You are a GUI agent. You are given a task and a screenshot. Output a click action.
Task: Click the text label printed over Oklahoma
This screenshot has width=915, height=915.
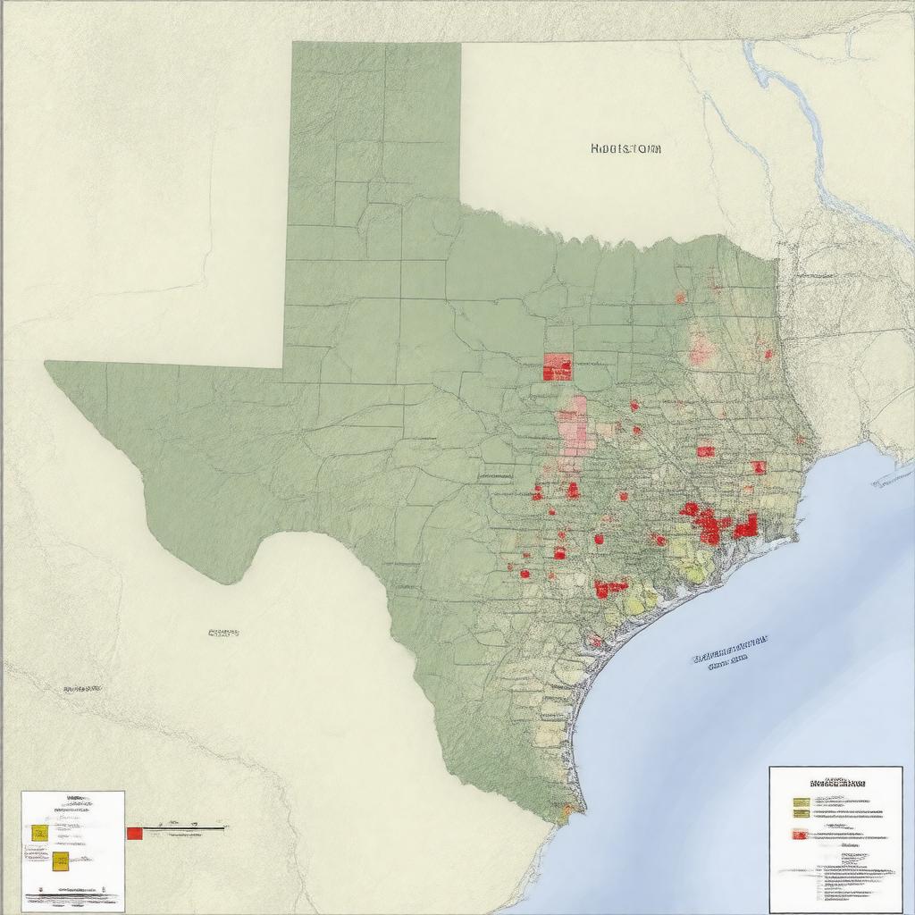tap(626, 149)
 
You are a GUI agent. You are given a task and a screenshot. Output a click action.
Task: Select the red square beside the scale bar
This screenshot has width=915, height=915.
tap(134, 833)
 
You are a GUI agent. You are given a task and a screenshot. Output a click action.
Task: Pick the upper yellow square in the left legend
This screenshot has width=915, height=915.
tap(39, 832)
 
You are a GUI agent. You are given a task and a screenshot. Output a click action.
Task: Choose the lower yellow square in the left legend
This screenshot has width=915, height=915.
tap(60, 860)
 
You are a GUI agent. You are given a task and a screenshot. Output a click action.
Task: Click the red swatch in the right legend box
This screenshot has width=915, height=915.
tap(800, 835)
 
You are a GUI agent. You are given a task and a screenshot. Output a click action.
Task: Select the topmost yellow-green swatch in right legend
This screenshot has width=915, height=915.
tap(800, 802)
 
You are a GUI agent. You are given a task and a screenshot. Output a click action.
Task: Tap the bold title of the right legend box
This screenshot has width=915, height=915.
tap(837, 782)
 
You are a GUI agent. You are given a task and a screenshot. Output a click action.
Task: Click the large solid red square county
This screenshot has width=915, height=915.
tap(558, 366)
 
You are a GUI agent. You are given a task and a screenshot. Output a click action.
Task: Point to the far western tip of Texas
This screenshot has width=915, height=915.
tap(47, 363)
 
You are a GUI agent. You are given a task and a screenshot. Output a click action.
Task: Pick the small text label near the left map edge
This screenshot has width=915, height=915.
tap(81, 689)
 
